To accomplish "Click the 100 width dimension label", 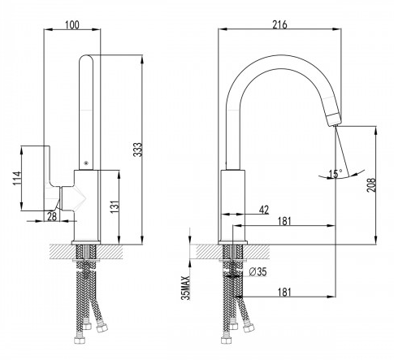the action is (x=72, y=25).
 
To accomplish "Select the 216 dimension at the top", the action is (x=279, y=25).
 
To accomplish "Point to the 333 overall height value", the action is (x=138, y=150).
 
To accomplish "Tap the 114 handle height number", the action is (x=18, y=178).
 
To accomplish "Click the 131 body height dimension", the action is (x=115, y=206).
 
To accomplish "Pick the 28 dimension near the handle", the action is (x=52, y=216).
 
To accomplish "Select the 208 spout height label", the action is (x=371, y=185).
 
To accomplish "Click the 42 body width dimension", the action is (x=264, y=210).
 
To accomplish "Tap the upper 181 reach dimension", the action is (x=284, y=221).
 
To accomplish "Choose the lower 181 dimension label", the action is (x=284, y=293).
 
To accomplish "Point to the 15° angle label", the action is (x=336, y=174).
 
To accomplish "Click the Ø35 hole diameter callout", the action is (x=258, y=271).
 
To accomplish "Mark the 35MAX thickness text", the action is (x=186, y=288).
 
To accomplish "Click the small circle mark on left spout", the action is (x=86, y=163).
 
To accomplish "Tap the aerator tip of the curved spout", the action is (x=333, y=119).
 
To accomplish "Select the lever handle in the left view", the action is (x=52, y=178).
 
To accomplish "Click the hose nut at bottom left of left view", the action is (x=80, y=340).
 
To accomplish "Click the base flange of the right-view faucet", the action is (x=232, y=242).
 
